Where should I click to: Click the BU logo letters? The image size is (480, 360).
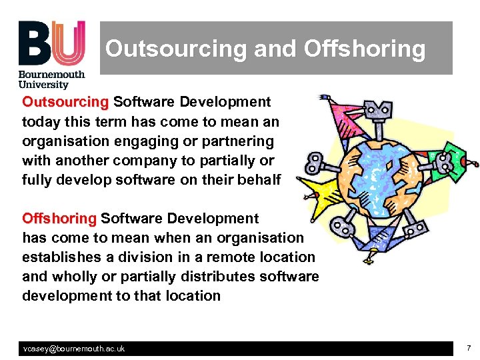pos(51,43)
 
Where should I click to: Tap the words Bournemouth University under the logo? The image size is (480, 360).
pos(52,79)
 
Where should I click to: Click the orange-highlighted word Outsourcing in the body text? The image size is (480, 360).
pos(65,102)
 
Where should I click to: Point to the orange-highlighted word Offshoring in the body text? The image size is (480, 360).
pos(59,219)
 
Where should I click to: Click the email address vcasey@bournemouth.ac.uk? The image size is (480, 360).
pos(73,349)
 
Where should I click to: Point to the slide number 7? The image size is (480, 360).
pos(469,348)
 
